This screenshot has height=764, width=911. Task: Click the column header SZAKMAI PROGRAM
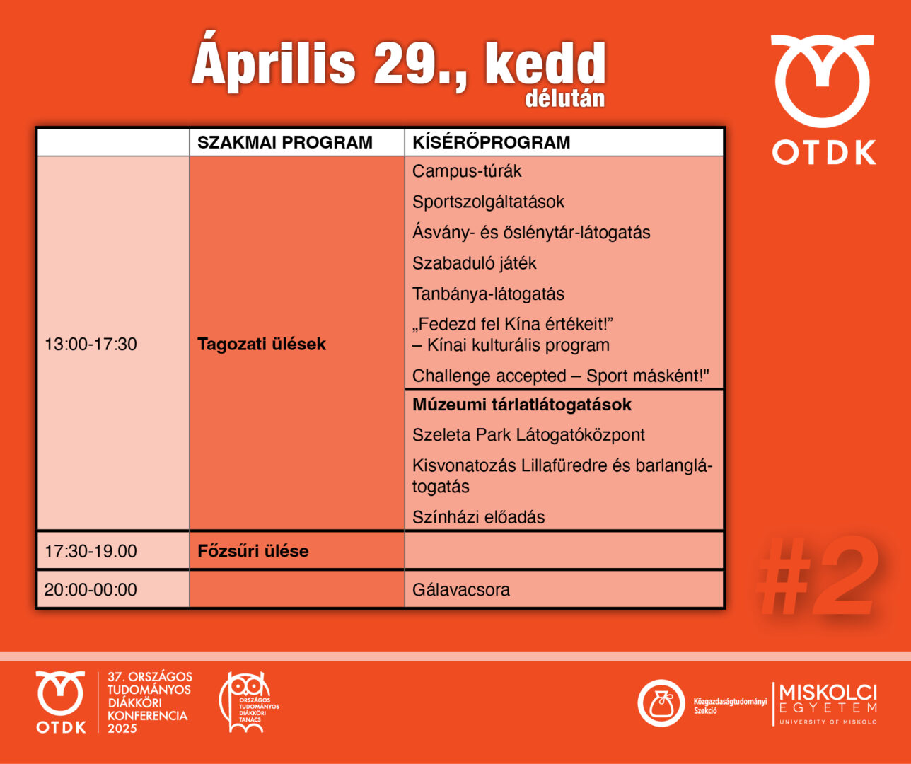[284, 142]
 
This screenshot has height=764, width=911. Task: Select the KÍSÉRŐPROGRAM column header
[491, 142]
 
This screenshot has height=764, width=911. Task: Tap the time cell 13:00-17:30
[91, 345]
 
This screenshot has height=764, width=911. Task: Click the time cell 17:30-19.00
[91, 551]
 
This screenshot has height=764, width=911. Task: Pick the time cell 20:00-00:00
[91, 589]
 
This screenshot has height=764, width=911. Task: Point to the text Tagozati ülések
[261, 345]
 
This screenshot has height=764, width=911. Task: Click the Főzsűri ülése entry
[253, 551]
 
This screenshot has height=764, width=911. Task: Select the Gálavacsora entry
[460, 589]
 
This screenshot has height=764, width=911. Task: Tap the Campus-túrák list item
[467, 171]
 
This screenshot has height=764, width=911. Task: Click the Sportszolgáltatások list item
[488, 202]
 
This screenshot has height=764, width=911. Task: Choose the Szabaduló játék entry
[474, 263]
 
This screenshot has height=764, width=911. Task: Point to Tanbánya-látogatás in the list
[488, 294]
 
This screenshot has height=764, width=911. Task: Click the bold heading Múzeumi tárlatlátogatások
[522, 405]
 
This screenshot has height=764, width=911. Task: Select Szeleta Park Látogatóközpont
[528, 435]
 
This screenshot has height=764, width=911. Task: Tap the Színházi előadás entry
[478, 517]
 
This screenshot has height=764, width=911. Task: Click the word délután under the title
[564, 98]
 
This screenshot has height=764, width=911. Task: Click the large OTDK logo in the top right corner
[823, 99]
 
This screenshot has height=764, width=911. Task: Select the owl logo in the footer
[247, 702]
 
